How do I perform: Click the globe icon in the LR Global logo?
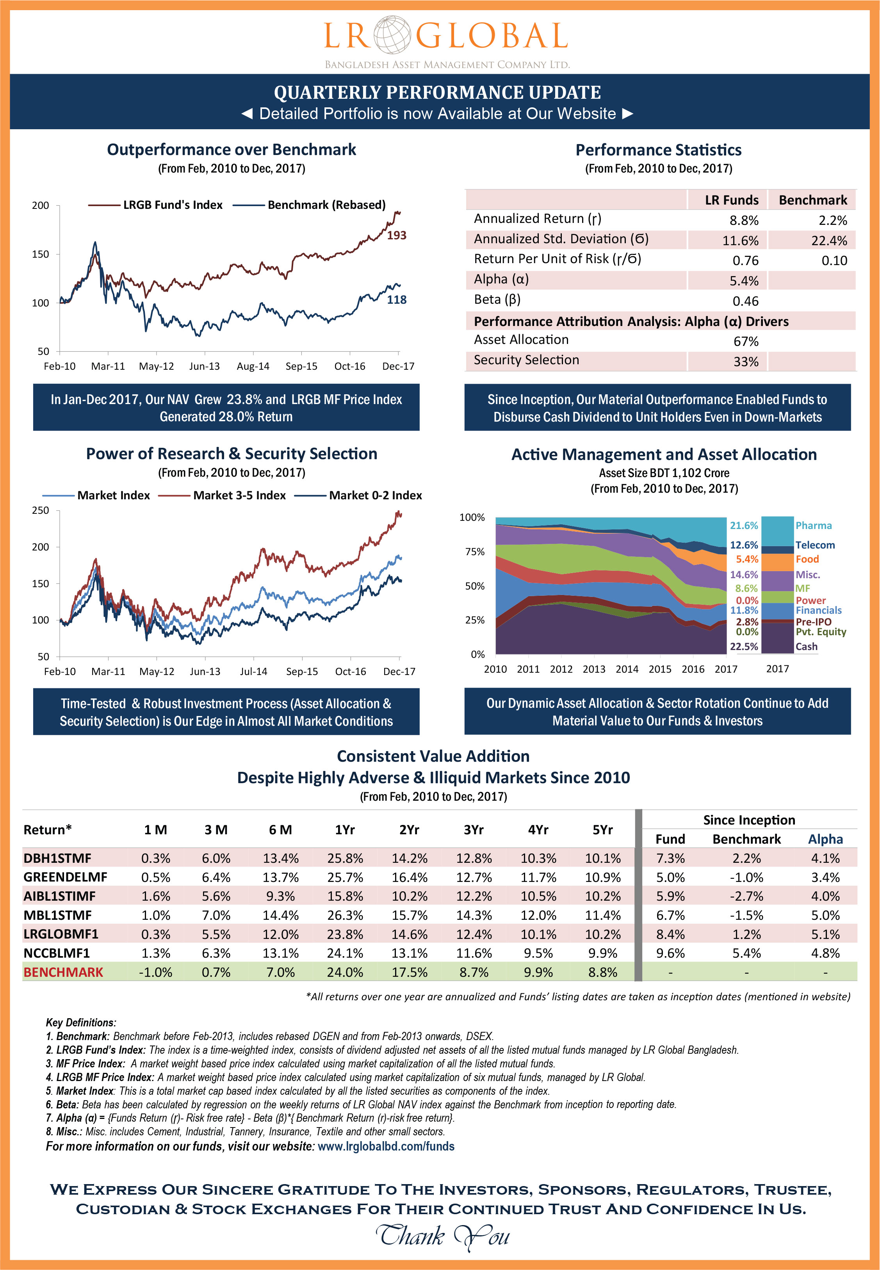pyautogui.click(x=392, y=35)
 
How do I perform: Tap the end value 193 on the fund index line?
pyautogui.click(x=396, y=235)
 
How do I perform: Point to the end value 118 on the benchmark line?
pyautogui.click(x=396, y=300)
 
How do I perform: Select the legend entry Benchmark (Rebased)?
pyautogui.click(x=326, y=205)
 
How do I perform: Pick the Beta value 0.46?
pyautogui.click(x=745, y=301)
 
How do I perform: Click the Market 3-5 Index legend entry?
pyautogui.click(x=239, y=495)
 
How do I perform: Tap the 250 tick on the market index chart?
pyautogui.click(x=40, y=510)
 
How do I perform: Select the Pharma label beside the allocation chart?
pyautogui.click(x=813, y=526)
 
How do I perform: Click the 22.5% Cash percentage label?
pyautogui.click(x=744, y=647)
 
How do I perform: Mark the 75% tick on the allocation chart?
pyautogui.click(x=475, y=552)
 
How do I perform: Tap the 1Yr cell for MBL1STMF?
pyautogui.click(x=345, y=916)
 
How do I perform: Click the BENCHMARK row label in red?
pyautogui.click(x=63, y=973)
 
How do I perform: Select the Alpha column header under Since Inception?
pyautogui.click(x=825, y=839)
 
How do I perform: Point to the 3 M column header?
pyautogui.click(x=216, y=830)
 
